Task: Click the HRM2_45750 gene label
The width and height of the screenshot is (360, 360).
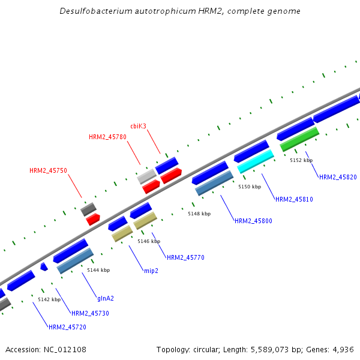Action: [x=48, y=170]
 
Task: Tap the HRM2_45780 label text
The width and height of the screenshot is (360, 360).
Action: [x=107, y=137]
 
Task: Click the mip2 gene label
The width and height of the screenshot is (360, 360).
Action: [x=151, y=271]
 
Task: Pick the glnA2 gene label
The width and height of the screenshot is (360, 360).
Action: [x=106, y=298]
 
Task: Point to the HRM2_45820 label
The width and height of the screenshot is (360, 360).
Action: [x=338, y=177]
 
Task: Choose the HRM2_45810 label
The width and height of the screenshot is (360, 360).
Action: [x=294, y=199]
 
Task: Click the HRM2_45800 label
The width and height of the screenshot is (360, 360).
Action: [x=253, y=221]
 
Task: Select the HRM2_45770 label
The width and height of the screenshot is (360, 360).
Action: [x=185, y=257]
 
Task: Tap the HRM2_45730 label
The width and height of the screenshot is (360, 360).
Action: [x=90, y=313]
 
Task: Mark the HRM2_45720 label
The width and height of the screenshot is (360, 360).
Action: [x=67, y=327]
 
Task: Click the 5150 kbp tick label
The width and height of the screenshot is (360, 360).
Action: [x=250, y=187]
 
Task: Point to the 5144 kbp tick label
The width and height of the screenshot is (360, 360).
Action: [x=98, y=270]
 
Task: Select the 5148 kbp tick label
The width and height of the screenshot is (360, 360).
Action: [x=199, y=214]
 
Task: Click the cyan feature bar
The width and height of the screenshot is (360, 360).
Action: [x=256, y=161]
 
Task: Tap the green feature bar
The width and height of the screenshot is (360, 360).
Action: [x=299, y=139]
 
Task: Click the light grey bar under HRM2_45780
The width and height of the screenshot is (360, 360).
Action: [x=146, y=176]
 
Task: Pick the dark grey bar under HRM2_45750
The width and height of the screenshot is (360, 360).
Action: [x=88, y=209]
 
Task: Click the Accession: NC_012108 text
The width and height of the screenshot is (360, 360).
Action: [x=46, y=349]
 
